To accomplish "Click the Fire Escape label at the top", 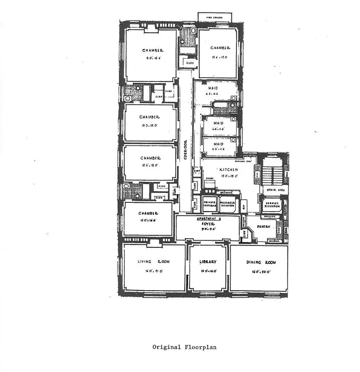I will click(215, 17).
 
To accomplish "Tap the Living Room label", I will click(154, 262).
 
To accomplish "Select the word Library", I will click(208, 262).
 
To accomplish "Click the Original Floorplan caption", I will click(184, 347).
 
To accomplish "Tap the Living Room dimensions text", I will click(154, 271).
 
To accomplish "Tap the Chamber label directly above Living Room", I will click(148, 213).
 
